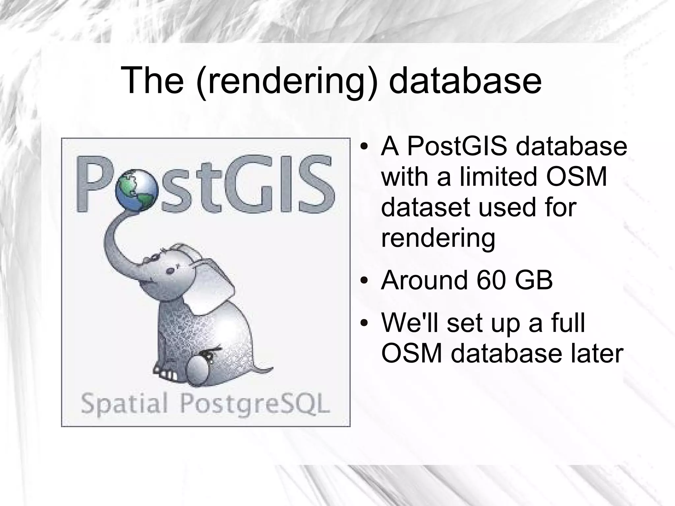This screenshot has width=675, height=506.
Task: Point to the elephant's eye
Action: click(x=170, y=271)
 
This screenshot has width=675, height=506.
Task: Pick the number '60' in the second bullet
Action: click(x=490, y=280)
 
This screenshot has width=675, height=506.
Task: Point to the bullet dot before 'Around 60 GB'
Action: click(x=364, y=281)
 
